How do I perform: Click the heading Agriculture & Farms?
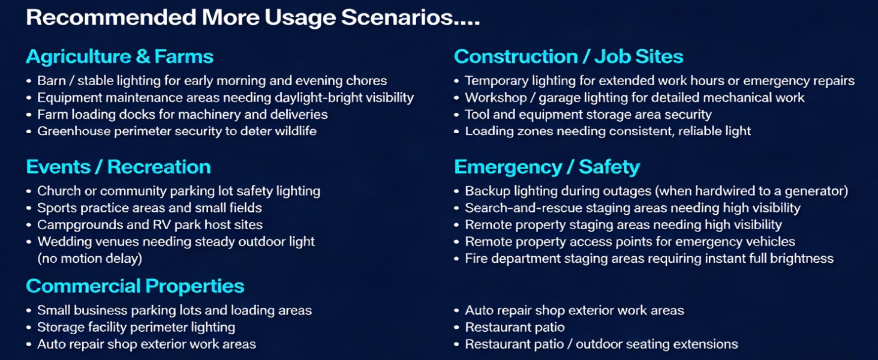[x=119, y=57]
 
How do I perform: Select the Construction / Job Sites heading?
[x=568, y=57]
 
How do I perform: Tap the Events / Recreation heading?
[x=118, y=167]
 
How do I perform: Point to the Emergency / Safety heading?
[x=546, y=167]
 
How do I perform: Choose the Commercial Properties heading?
[x=135, y=286]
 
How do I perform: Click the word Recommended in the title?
[x=111, y=18]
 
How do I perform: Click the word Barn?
[x=52, y=81]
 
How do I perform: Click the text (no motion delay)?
[x=90, y=259]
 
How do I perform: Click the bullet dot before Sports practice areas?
[x=29, y=209]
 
